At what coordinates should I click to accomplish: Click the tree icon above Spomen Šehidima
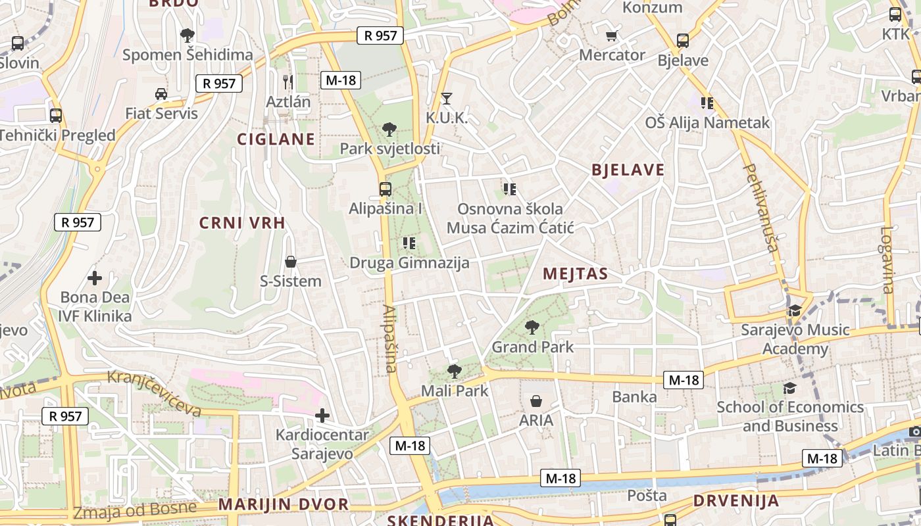point(187,35)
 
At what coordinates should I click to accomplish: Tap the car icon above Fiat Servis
point(161,94)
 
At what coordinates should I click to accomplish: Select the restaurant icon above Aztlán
point(288,82)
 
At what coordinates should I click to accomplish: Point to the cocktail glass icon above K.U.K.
point(447,99)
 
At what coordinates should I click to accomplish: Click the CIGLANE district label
point(276,139)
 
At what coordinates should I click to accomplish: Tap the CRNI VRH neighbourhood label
point(242,223)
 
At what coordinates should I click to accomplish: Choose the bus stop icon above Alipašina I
point(386,189)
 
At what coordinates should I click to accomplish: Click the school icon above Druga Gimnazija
point(409,243)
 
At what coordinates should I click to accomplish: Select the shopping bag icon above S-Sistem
point(291,262)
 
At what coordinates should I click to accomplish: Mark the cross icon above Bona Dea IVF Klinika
point(95,278)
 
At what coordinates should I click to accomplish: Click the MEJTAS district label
point(574,274)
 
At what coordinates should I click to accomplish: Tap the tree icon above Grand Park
point(532,327)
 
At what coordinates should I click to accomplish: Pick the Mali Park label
point(455,391)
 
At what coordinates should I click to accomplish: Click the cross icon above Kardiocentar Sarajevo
point(322,416)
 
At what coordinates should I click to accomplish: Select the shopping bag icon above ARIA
point(536,401)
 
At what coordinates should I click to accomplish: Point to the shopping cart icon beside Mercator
point(612,36)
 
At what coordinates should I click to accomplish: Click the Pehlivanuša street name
point(761,207)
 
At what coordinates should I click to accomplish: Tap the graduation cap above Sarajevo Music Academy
point(795,310)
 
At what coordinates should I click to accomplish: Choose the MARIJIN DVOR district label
point(284,504)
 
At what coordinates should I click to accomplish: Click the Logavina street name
point(887,260)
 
